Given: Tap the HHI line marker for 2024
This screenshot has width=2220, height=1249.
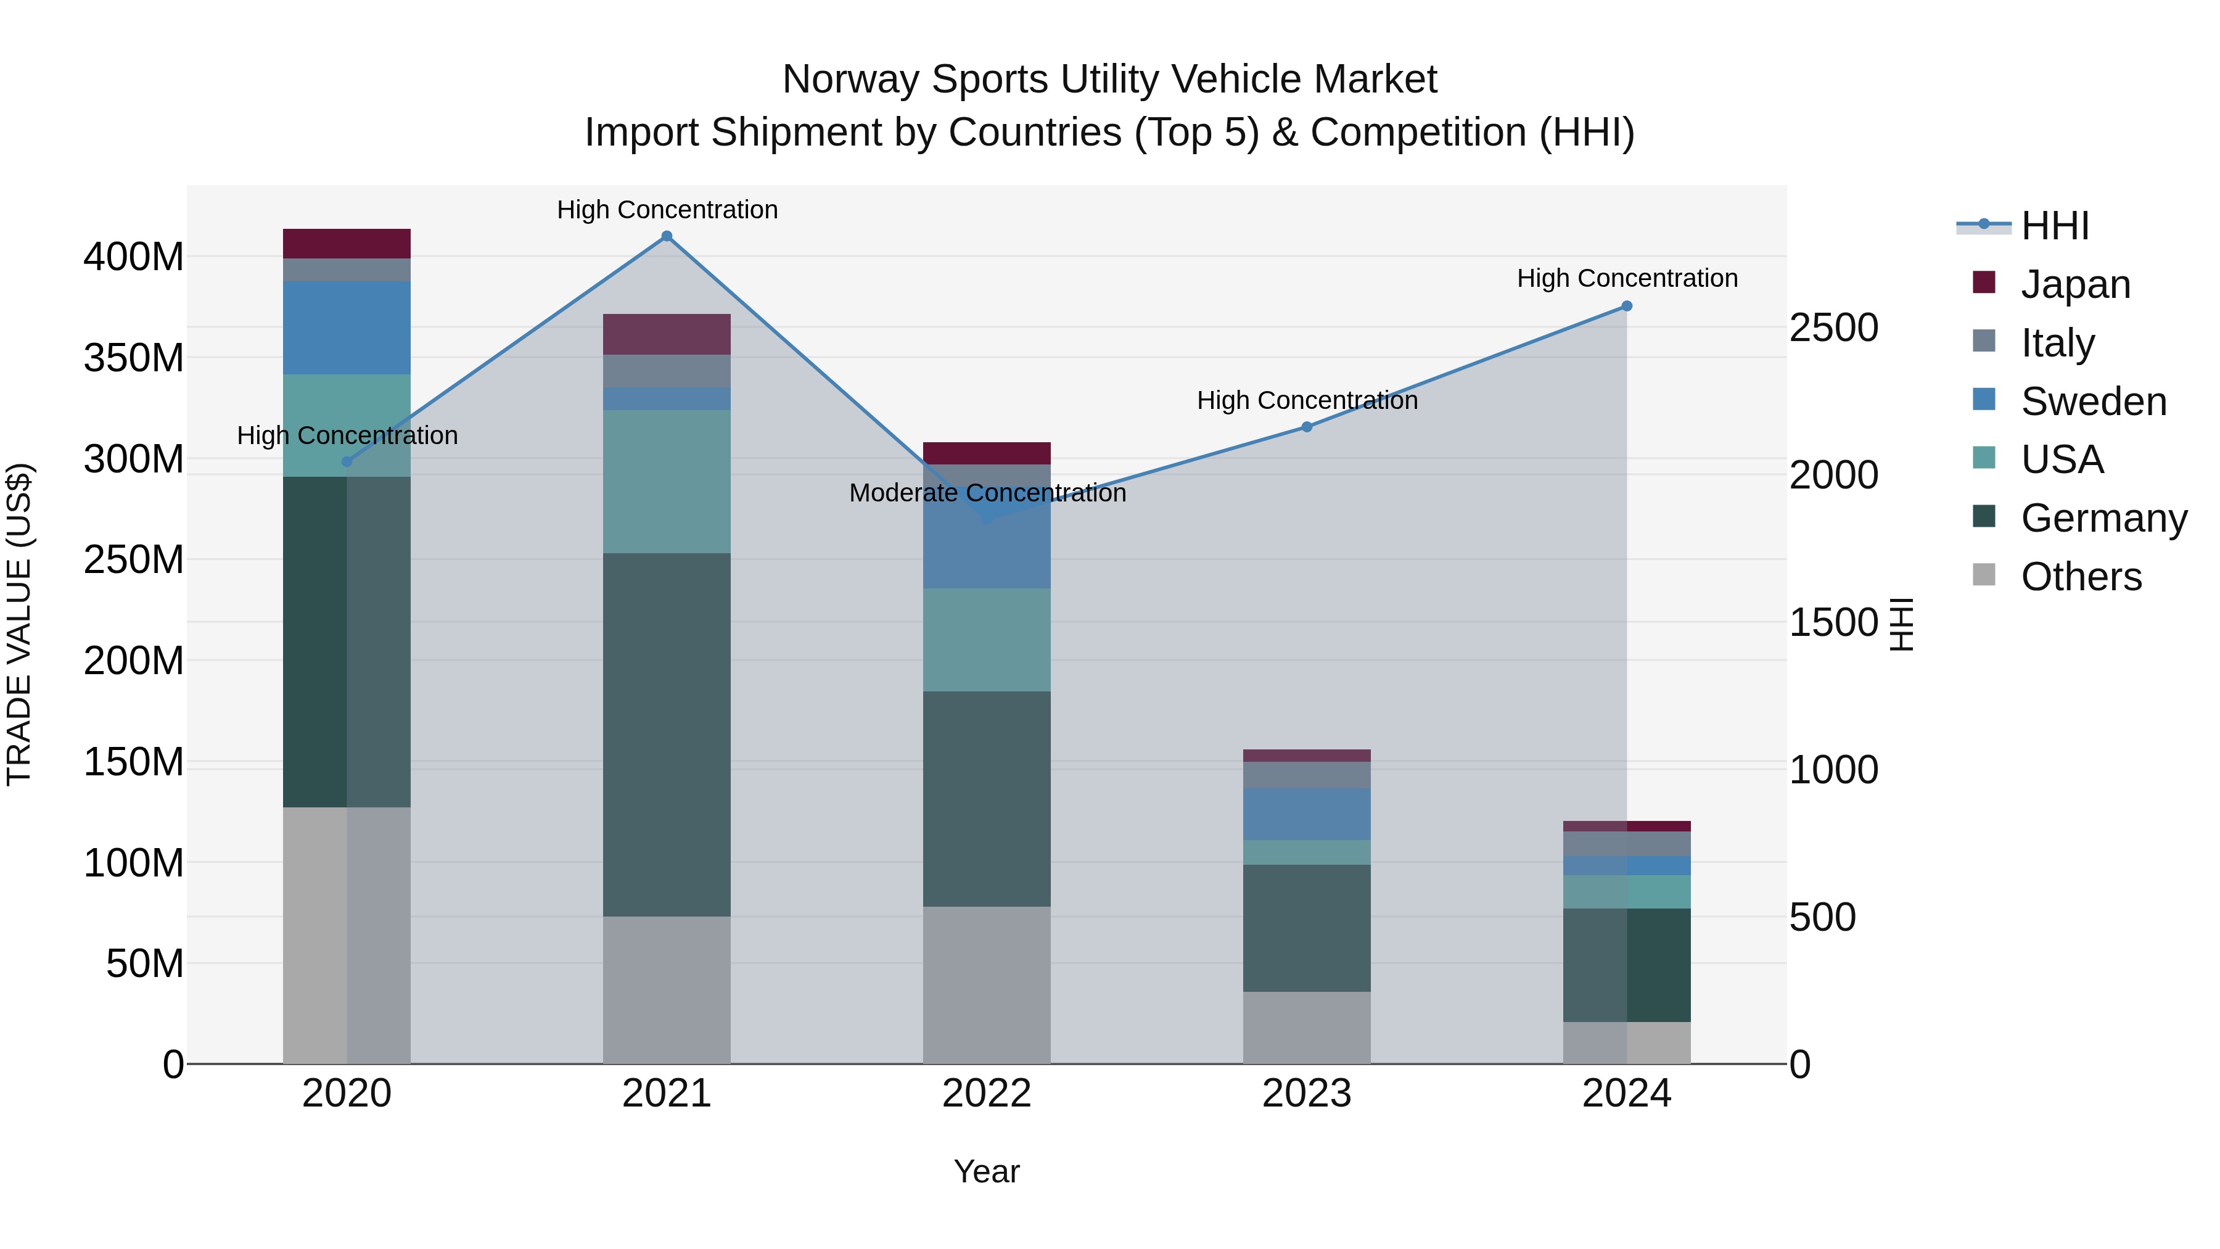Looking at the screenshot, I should (1627, 306).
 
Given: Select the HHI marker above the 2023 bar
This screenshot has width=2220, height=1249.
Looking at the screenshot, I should (1307, 427).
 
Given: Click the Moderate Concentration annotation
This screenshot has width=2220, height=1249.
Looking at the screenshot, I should (988, 493).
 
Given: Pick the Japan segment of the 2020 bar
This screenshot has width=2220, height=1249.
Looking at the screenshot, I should (347, 244).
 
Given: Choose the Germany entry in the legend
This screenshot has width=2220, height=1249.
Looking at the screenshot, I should (2103, 518).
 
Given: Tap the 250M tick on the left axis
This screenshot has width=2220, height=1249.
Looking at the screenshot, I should (134, 560).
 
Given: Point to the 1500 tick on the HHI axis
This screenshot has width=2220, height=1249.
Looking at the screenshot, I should (1834, 622).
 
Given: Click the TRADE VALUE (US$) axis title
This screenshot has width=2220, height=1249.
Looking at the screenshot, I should (19, 624).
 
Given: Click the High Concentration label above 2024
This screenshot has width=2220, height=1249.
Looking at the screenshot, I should (1627, 278).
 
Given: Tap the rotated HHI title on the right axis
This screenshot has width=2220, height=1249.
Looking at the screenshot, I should (1902, 624).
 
